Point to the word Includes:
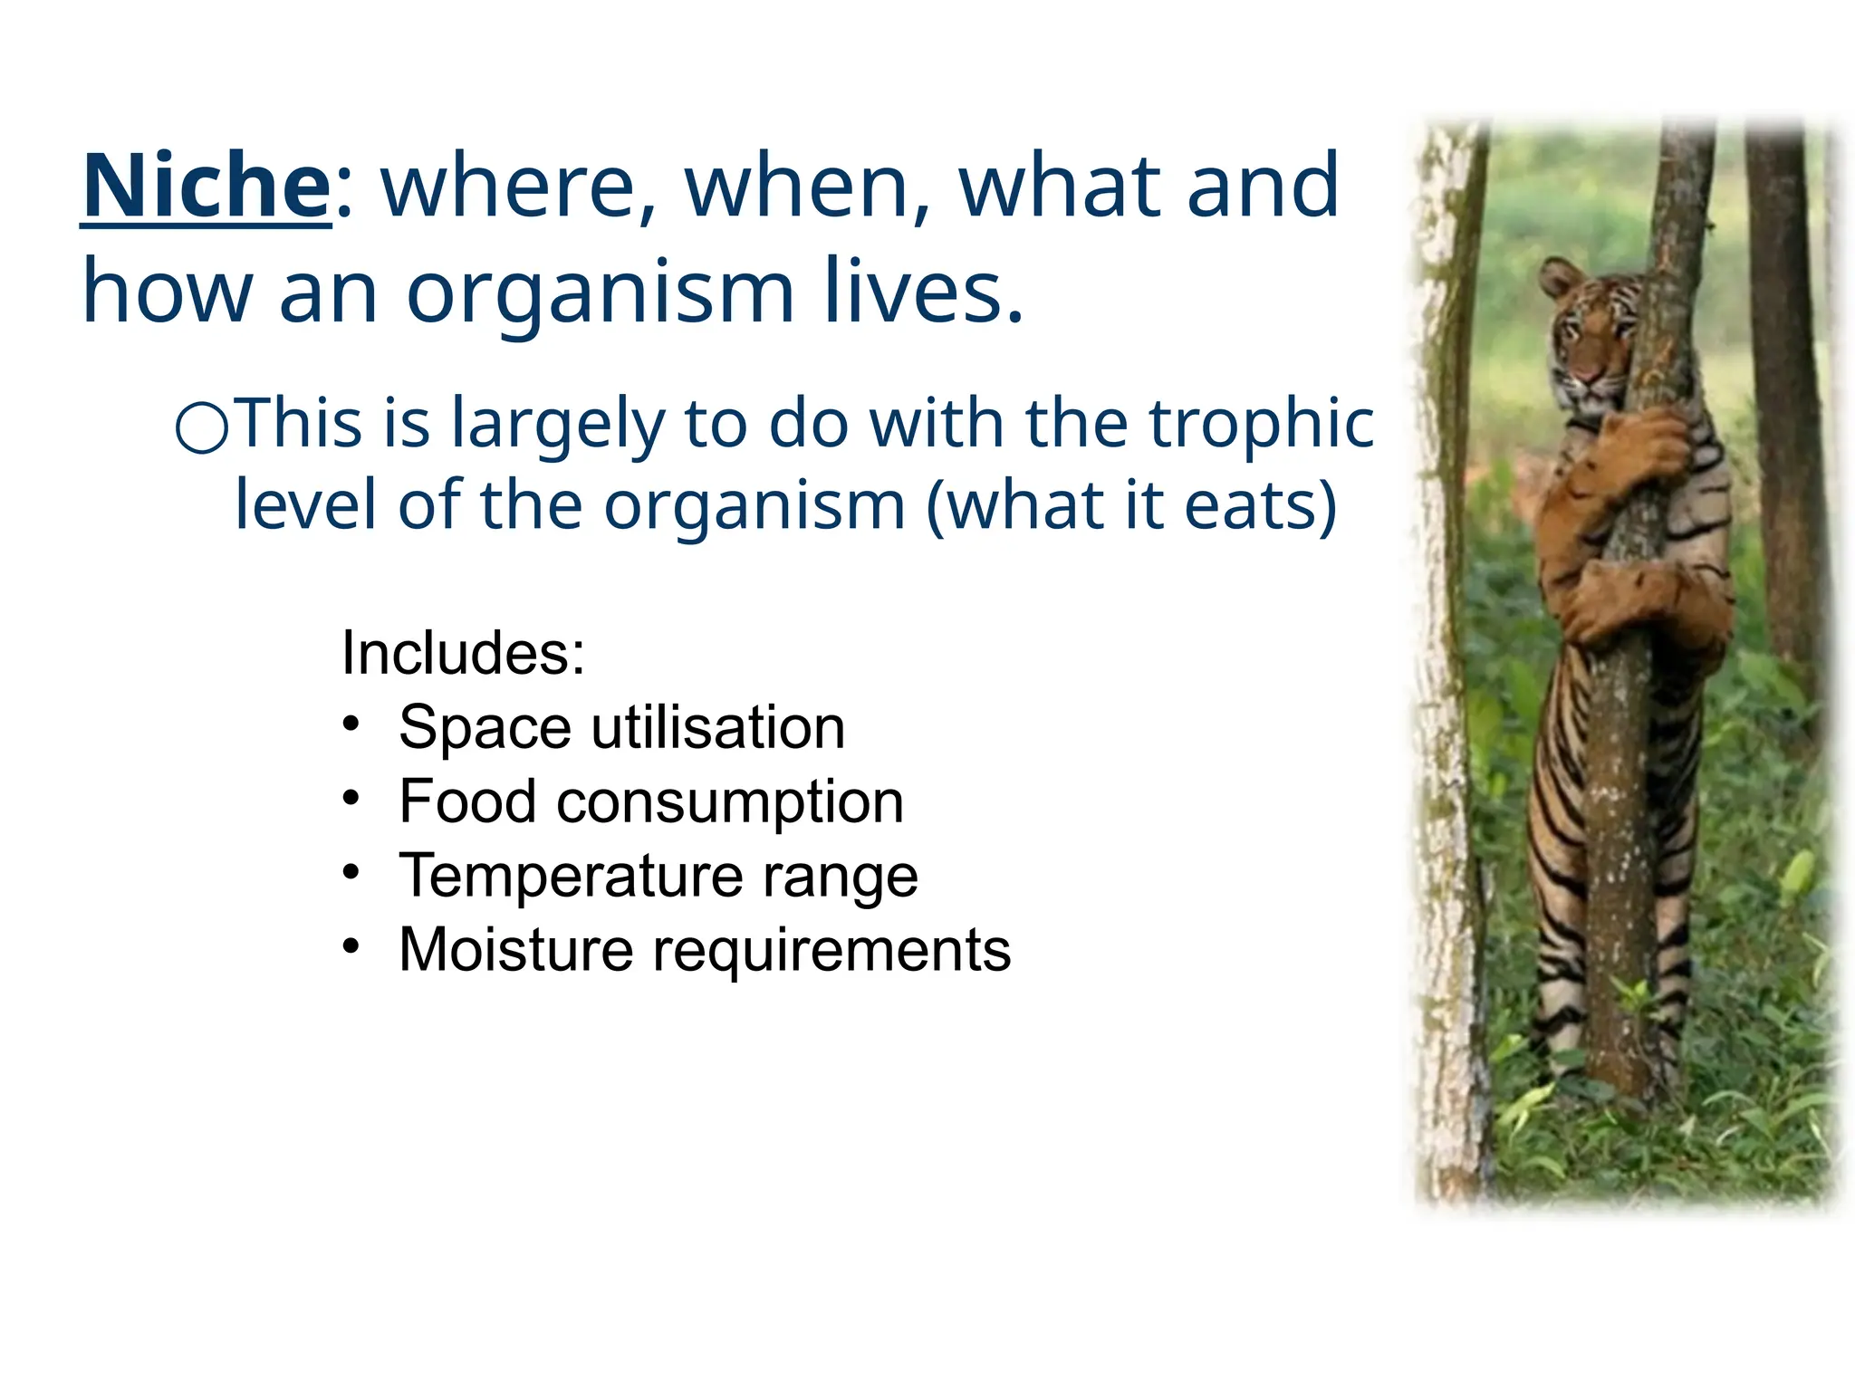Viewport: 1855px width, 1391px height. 463,653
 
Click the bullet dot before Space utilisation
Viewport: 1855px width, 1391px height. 351,724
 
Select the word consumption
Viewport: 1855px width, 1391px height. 730,802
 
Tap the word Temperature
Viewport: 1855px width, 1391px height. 569,876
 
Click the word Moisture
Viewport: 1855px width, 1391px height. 515,950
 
